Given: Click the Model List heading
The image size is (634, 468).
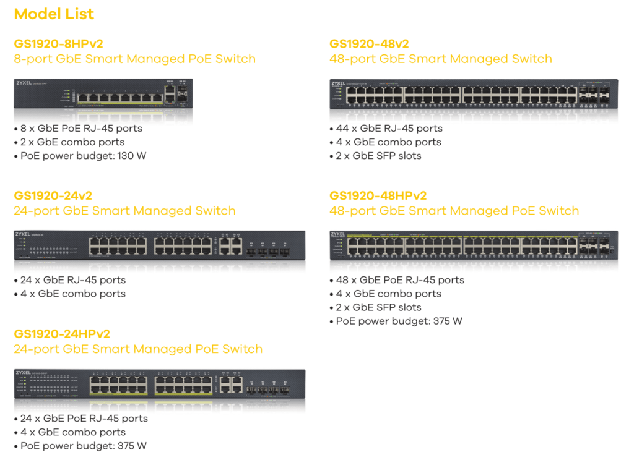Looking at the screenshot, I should click(54, 14).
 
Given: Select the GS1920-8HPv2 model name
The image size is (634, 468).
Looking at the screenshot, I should click(58, 44).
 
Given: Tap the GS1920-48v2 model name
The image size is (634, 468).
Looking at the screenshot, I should click(369, 44).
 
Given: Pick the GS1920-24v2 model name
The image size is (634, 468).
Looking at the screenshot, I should click(53, 196).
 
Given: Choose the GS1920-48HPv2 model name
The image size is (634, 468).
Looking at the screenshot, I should click(378, 196).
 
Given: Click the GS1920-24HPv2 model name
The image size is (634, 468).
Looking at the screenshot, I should click(62, 334).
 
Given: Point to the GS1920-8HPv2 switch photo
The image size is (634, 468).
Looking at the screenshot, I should click(103, 94).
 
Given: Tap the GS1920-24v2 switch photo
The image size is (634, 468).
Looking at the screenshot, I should click(159, 245).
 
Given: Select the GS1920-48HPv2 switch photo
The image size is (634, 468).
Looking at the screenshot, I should click(474, 245).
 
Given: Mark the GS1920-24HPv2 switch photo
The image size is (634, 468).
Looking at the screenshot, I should click(159, 385).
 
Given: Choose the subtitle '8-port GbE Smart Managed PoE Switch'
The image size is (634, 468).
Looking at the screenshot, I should click(134, 59).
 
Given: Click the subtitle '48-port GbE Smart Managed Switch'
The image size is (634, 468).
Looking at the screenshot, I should click(440, 59).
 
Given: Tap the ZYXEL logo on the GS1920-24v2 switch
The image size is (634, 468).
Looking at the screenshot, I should click(22, 234).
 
